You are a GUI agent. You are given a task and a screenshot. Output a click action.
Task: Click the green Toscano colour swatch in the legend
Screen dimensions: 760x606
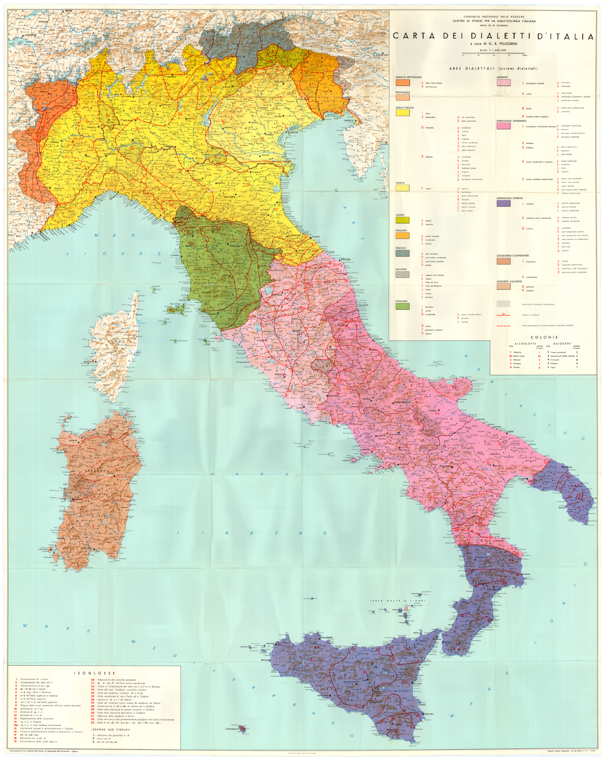coord(402,306)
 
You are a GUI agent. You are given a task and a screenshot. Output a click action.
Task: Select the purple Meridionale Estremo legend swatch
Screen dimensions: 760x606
coord(503,203)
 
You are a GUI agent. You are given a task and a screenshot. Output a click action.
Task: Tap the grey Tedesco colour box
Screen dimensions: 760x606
coord(402,253)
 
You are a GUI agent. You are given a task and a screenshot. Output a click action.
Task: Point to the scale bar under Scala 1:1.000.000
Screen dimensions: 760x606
coord(493,54)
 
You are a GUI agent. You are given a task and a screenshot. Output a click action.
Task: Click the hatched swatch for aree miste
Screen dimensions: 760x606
coord(503,304)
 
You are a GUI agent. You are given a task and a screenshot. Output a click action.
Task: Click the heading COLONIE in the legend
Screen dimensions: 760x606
coord(544,337)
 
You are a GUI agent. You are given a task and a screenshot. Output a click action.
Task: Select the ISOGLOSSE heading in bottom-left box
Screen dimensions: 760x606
coord(94,673)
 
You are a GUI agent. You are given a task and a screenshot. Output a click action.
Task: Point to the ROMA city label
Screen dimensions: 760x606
coord(278,375)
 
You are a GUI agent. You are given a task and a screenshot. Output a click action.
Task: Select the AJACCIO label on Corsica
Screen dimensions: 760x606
coord(89,361)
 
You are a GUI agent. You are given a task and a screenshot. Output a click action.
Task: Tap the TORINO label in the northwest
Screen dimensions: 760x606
coord(55,142)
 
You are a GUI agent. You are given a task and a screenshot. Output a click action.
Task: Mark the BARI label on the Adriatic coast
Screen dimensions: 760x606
coord(510,432)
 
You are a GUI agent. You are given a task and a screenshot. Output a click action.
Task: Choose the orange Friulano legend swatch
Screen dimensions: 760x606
coord(402,236)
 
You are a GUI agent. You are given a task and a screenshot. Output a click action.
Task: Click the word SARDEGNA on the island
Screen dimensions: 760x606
coord(96,471)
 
